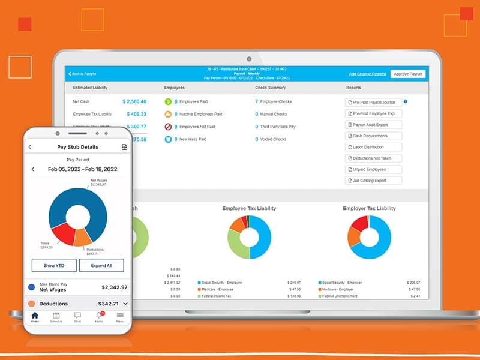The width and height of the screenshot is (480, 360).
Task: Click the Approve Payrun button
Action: pyautogui.click(x=408, y=74)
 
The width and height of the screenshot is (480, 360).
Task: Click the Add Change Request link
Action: pyautogui.click(x=367, y=74)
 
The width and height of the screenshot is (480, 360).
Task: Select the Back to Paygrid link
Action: pyautogui.click(x=84, y=74)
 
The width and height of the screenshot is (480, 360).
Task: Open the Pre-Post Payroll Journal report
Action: pyautogui.click(x=374, y=103)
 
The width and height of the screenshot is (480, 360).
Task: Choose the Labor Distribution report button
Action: pyautogui.click(x=374, y=147)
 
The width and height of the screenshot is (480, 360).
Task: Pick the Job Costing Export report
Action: pyautogui.click(x=374, y=181)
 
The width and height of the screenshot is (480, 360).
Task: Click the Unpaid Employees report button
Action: pyautogui.click(x=374, y=169)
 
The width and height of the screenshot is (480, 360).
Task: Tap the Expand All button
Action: pyautogui.click(x=102, y=266)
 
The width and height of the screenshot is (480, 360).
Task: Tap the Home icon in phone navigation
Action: pyautogui.click(x=35, y=316)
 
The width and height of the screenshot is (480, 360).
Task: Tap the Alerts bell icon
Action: pyautogui.click(x=99, y=316)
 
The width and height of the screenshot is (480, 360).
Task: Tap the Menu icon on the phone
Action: pyautogui.click(x=120, y=316)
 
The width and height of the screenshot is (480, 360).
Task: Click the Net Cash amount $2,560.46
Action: pyautogui.click(x=134, y=101)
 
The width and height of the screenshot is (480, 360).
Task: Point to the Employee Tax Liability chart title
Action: pyautogui.click(x=249, y=208)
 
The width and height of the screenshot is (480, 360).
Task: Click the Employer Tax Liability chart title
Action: pyautogui.click(x=369, y=208)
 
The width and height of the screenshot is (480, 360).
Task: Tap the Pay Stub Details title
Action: pyautogui.click(x=77, y=147)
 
